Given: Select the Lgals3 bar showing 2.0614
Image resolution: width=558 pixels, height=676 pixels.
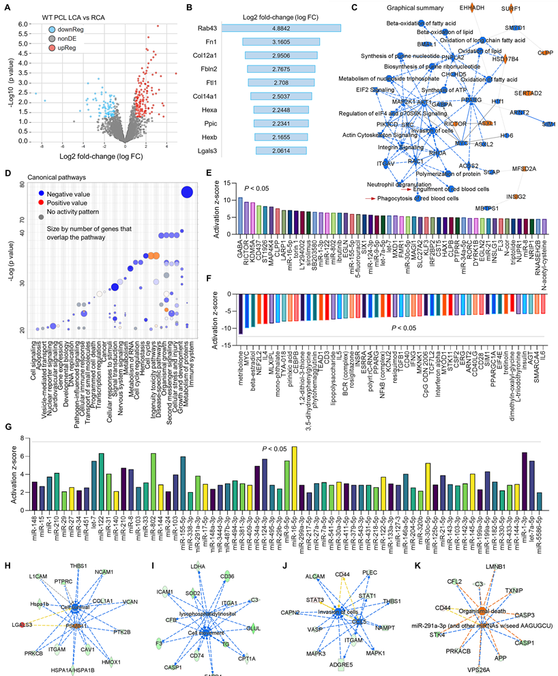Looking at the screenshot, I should (x=281, y=150).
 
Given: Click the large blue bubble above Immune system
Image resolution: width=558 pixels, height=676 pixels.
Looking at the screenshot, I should (x=186, y=193).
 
